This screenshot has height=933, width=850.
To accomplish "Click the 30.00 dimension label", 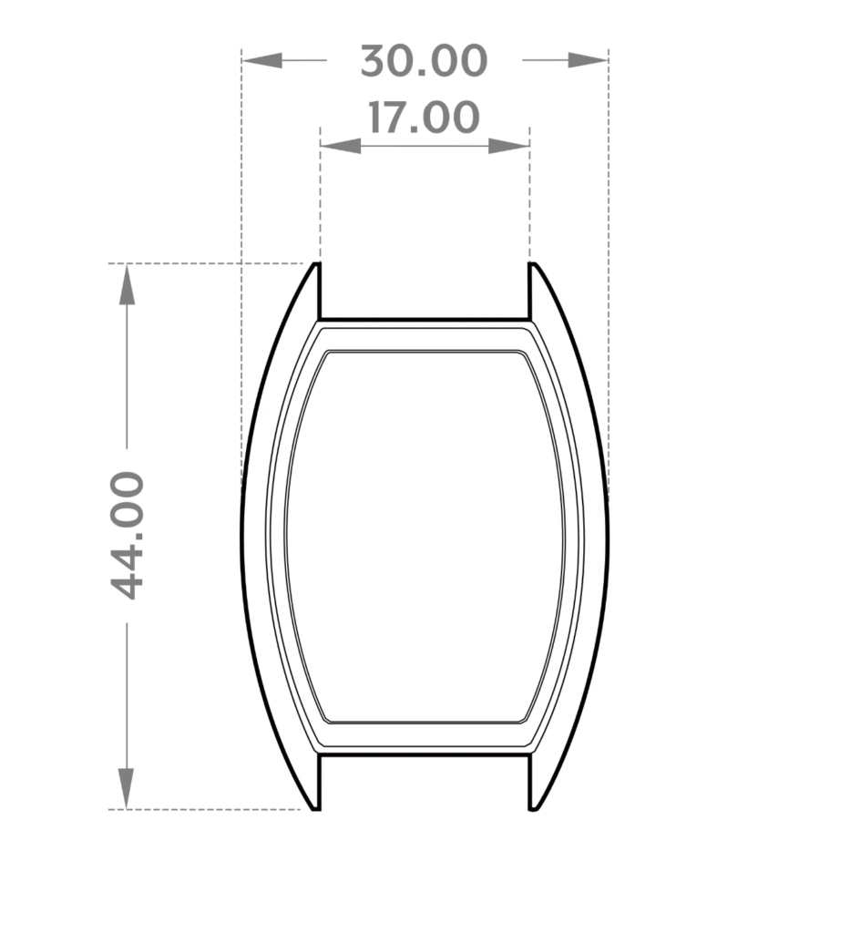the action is [x=424, y=61].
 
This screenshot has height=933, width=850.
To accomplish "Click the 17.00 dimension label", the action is [x=424, y=118].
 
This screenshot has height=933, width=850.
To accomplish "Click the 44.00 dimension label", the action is [x=128, y=535].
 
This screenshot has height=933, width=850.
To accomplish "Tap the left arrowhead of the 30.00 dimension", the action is [x=261, y=60].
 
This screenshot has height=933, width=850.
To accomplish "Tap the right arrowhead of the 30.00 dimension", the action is [x=588, y=60].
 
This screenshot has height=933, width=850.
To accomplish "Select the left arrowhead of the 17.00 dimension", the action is [x=340, y=146].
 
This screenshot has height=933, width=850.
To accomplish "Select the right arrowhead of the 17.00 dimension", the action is [x=509, y=146].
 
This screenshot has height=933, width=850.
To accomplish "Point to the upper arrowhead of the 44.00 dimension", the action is [x=127, y=284].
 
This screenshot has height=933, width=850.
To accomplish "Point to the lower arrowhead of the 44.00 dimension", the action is [x=126, y=788].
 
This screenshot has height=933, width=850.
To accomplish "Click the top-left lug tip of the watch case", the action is [x=317, y=263].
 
